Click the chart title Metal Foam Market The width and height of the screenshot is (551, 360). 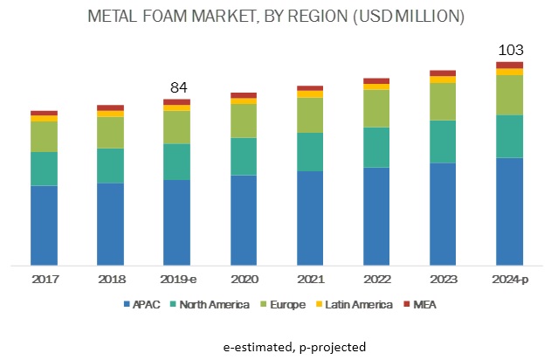click(x=275, y=17)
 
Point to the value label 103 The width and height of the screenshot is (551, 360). click(x=509, y=50)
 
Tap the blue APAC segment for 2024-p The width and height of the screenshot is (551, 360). click(x=509, y=211)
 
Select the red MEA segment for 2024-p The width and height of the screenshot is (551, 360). click(x=509, y=66)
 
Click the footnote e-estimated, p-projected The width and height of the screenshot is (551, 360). click(x=275, y=347)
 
